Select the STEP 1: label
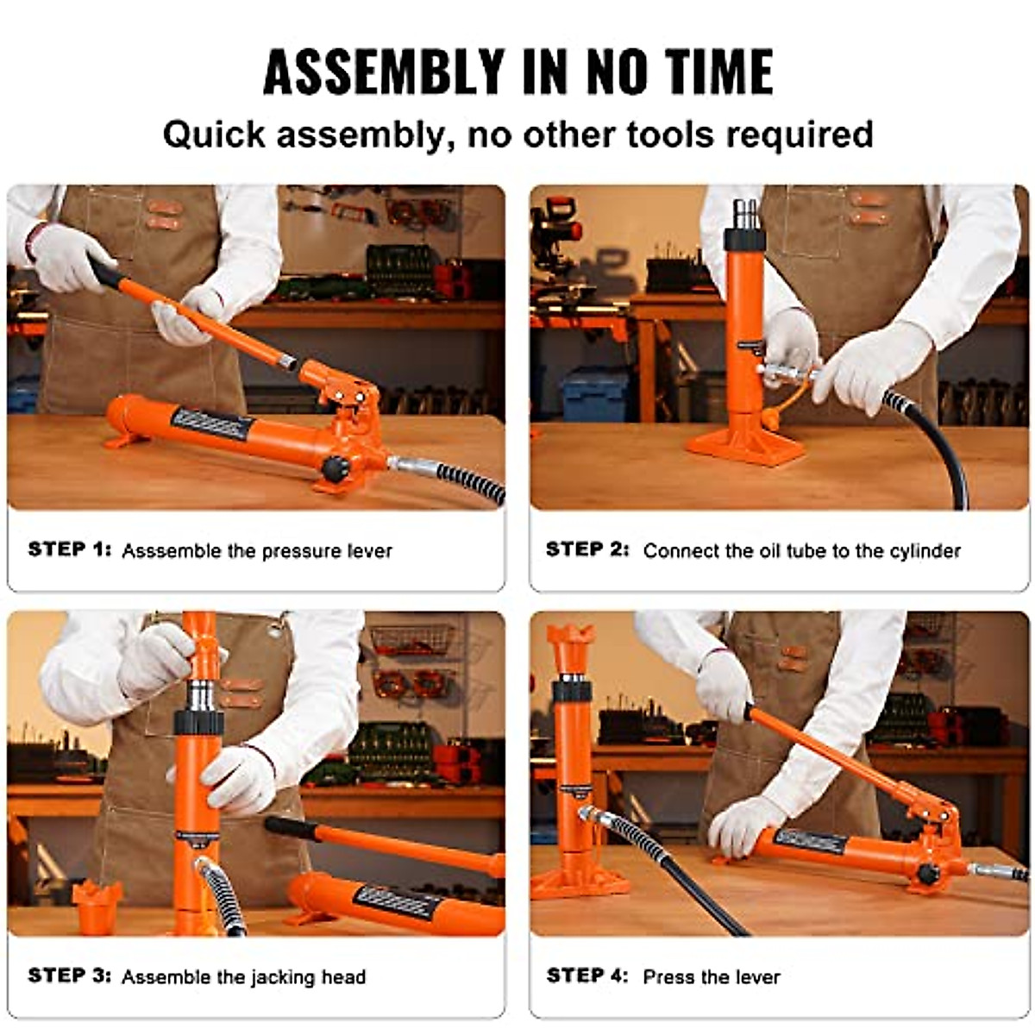[x=70, y=549]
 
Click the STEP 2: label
[x=587, y=549]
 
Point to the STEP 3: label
[x=70, y=975]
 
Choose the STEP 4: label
[x=587, y=975]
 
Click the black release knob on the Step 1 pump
[x=336, y=468]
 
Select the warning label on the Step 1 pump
[x=210, y=423]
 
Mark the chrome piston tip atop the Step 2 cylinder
[x=744, y=211]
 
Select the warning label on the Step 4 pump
[x=810, y=841]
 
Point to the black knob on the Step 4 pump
[x=928, y=874]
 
